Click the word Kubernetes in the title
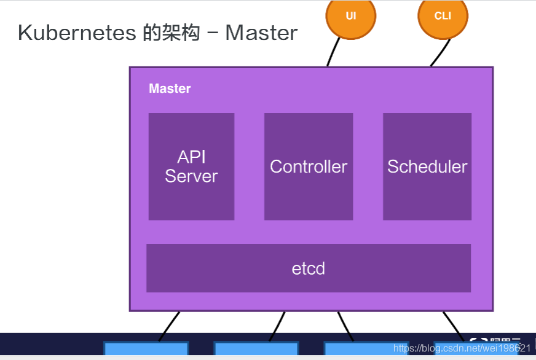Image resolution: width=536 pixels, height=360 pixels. [75, 33]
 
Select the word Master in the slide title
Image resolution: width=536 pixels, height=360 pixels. [261, 33]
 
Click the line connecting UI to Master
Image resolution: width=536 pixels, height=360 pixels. [333, 52]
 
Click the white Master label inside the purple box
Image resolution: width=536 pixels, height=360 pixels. [170, 88]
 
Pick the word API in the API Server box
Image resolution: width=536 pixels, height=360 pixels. [191, 157]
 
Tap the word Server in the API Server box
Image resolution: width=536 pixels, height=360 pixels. [191, 176]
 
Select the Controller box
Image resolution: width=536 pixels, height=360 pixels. [309, 166]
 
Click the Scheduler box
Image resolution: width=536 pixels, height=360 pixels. [427, 166]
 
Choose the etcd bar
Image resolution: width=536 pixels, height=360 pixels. [309, 268]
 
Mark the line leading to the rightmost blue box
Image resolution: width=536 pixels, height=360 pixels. [453, 325]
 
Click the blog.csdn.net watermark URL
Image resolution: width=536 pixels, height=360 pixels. [462, 348]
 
